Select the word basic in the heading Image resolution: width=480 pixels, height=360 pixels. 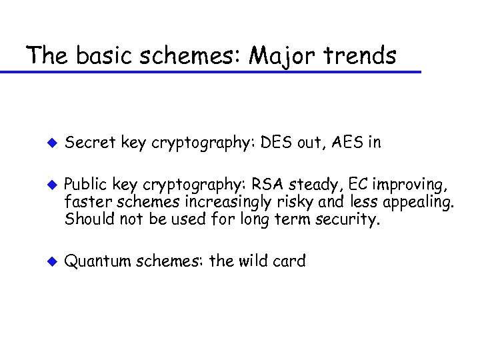100,55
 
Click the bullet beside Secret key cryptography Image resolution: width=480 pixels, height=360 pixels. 48,141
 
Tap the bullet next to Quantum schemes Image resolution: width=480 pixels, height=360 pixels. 48,261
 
